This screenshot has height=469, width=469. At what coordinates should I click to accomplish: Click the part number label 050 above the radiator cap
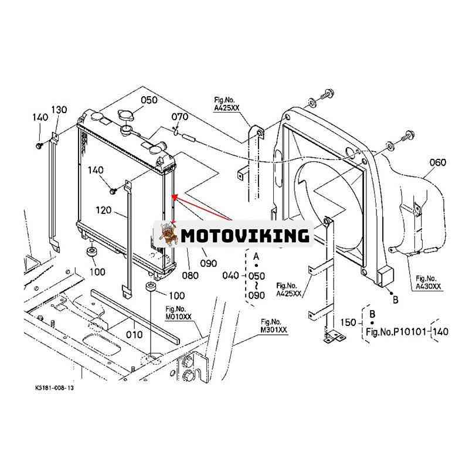149,100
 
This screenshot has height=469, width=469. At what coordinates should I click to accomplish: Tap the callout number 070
179,117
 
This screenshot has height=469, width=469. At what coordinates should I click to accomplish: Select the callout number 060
437,162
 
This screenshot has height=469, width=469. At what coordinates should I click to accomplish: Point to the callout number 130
59,110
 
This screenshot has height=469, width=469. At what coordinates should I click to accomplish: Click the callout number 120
104,210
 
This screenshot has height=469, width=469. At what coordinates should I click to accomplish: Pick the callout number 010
134,334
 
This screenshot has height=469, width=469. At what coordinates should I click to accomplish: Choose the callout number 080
190,275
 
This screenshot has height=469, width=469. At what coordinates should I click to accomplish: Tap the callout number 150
348,322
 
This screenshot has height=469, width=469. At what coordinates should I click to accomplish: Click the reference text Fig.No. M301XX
274,326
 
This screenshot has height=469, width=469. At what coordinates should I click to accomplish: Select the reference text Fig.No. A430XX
429,283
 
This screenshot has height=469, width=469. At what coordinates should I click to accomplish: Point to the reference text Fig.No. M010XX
178,312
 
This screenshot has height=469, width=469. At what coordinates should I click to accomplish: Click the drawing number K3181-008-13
55,388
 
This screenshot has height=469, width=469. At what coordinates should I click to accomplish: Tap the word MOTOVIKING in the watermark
245,236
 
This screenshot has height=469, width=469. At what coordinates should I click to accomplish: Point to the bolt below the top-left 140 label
39,145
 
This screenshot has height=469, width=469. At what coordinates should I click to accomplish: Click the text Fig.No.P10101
396,332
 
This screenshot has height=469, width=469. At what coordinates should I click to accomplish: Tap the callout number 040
230,276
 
